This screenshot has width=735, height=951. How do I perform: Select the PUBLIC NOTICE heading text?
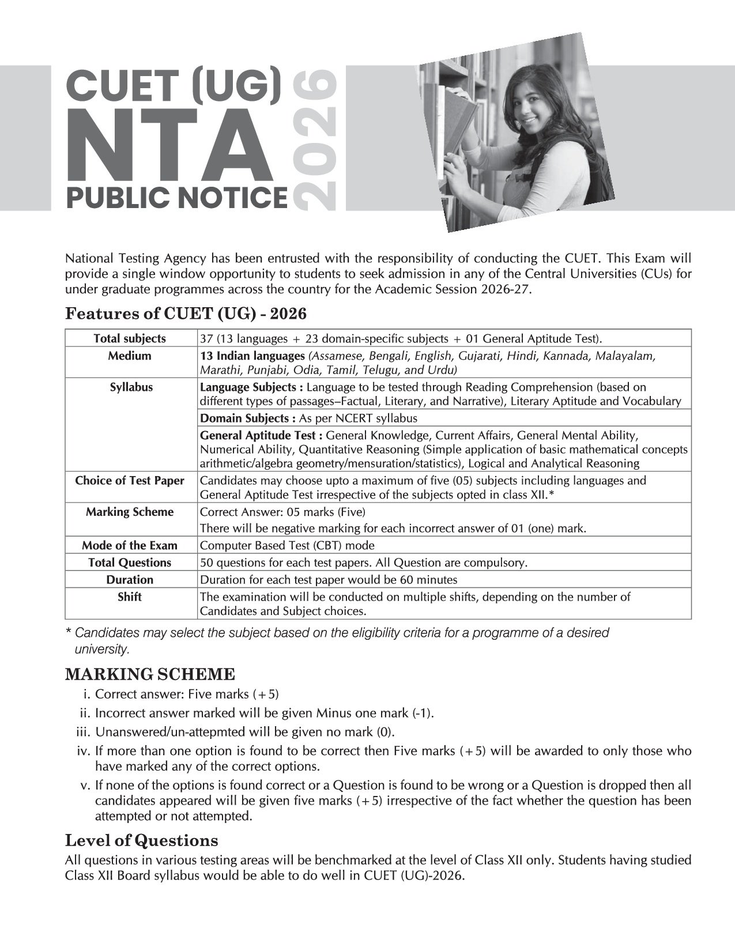point(176,198)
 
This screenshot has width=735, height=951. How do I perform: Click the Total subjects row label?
point(130,338)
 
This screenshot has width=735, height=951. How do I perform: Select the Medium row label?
point(130,356)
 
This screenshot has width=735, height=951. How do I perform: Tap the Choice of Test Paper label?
point(130,481)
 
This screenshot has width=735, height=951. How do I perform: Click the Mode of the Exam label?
point(130,545)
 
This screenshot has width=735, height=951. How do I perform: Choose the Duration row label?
point(130,580)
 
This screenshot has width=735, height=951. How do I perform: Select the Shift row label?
point(130,597)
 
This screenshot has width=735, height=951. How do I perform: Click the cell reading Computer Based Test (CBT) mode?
point(287,545)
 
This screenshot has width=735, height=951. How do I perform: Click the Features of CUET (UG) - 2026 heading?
point(186,314)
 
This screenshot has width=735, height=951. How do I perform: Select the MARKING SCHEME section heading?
point(150,674)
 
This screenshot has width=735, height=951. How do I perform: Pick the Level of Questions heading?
point(141,840)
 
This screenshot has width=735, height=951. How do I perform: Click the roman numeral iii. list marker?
point(84,732)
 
